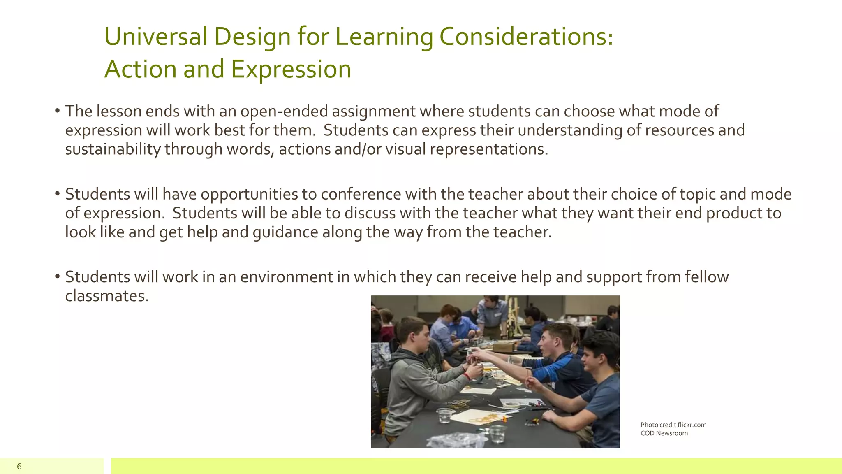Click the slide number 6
(x=19, y=466)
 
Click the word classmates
(x=106, y=296)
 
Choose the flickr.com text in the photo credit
(x=692, y=425)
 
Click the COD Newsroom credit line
(x=664, y=433)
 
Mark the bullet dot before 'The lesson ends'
(x=58, y=111)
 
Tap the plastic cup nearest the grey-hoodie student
(x=445, y=416)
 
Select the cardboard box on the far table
(x=504, y=346)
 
